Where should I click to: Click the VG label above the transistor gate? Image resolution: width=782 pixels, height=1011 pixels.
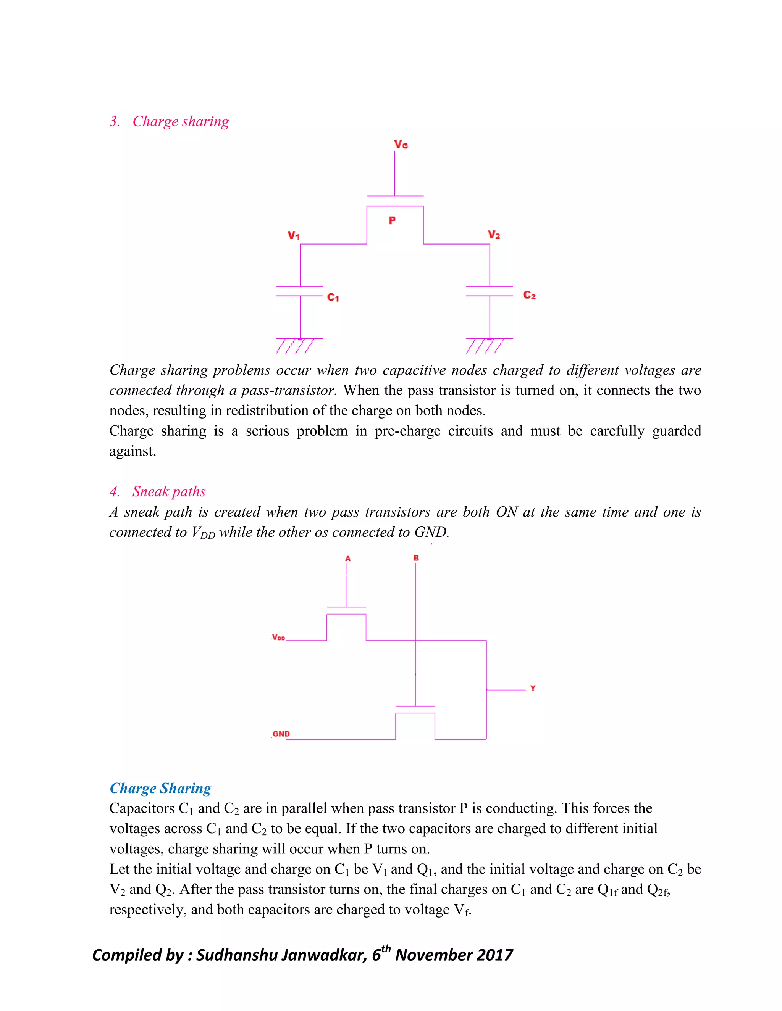pyautogui.click(x=401, y=145)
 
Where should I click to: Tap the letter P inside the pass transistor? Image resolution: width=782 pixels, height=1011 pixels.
pyautogui.click(x=392, y=221)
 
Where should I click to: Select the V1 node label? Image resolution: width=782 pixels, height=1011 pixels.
pyautogui.click(x=293, y=236)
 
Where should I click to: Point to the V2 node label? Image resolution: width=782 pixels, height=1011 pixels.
pyautogui.click(x=494, y=235)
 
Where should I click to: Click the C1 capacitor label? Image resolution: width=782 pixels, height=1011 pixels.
pyautogui.click(x=333, y=297)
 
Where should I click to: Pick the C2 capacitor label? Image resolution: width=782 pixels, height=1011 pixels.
pyautogui.click(x=529, y=295)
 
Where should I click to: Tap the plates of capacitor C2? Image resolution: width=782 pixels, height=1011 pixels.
pyautogui.click(x=489, y=291)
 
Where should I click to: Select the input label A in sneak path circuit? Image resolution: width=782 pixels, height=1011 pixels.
pyautogui.click(x=348, y=559)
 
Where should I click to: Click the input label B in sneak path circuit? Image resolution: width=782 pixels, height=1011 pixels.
pyautogui.click(x=416, y=558)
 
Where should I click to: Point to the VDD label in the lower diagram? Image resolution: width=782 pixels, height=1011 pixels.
pyautogui.click(x=278, y=638)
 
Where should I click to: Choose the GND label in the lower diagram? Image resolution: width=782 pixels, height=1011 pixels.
pyautogui.click(x=281, y=734)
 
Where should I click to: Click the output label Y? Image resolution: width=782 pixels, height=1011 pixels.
pyautogui.click(x=533, y=688)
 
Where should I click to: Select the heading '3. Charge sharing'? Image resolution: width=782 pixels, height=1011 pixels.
pyautogui.click(x=170, y=121)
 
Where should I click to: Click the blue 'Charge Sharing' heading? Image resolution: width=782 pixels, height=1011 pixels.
pyautogui.click(x=160, y=788)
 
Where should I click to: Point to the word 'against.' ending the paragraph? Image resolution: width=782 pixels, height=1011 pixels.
pyautogui.click(x=132, y=451)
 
